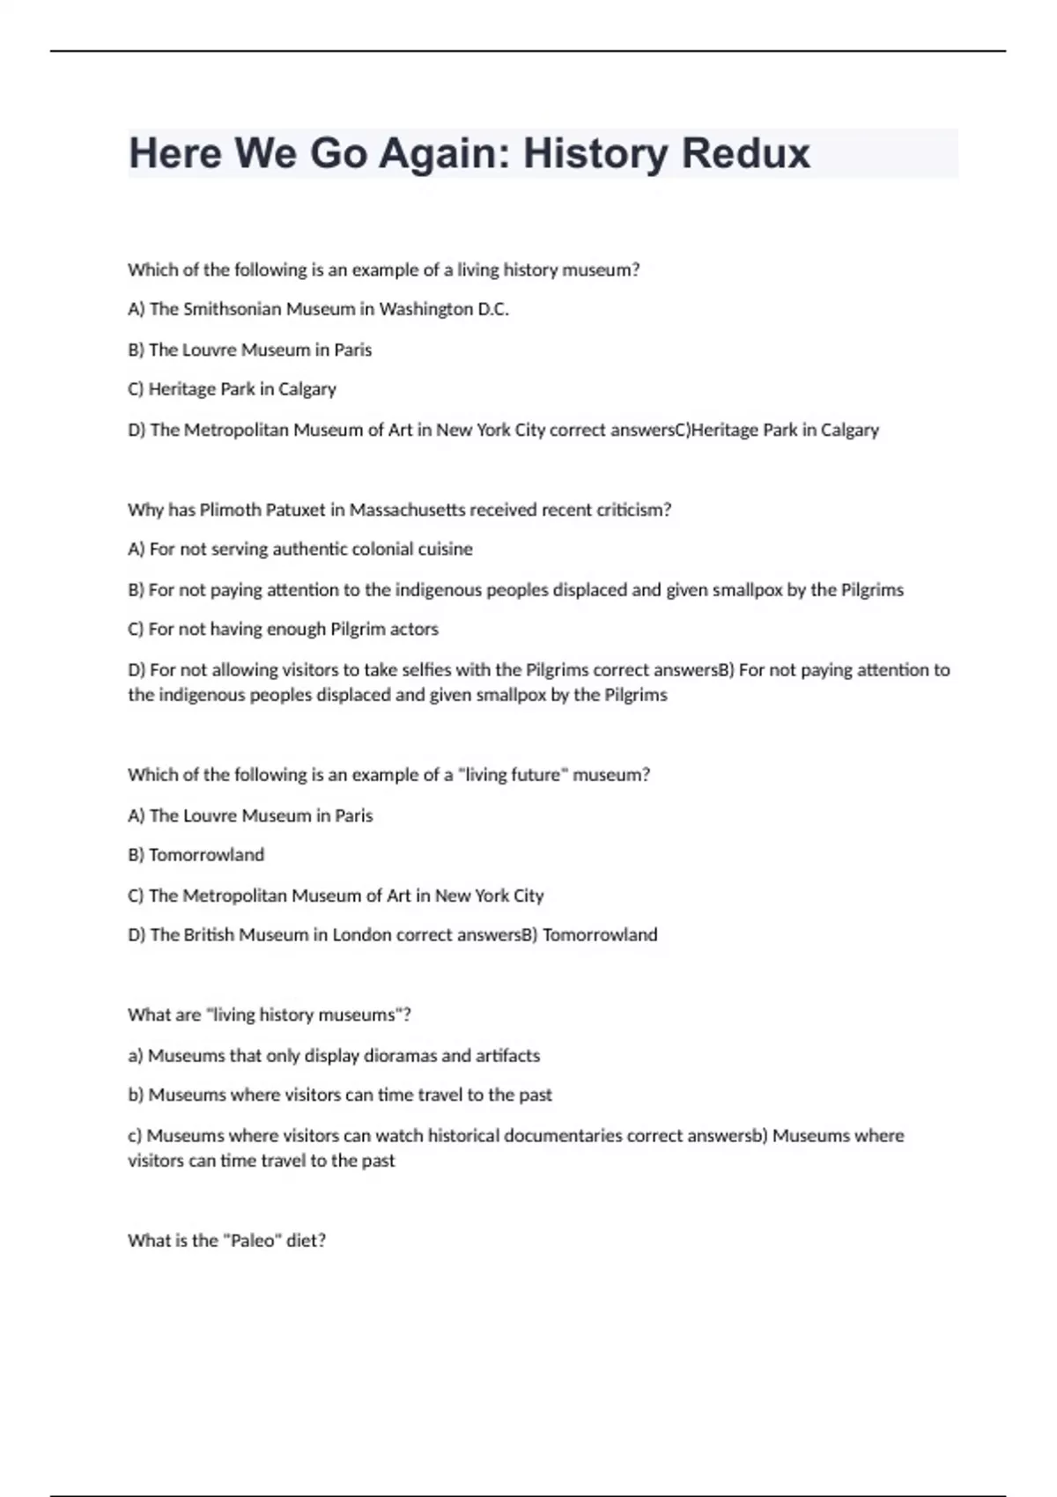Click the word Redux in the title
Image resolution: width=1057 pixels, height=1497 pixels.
[x=745, y=153]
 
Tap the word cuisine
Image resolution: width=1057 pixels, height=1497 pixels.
[x=445, y=549]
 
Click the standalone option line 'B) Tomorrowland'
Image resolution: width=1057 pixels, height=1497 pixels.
[x=196, y=855]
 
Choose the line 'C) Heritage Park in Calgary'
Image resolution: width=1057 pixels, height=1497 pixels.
[x=232, y=389]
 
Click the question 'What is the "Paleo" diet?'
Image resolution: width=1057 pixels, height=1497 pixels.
[x=226, y=1241]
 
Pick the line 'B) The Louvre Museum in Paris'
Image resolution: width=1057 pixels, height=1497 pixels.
[x=249, y=350]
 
